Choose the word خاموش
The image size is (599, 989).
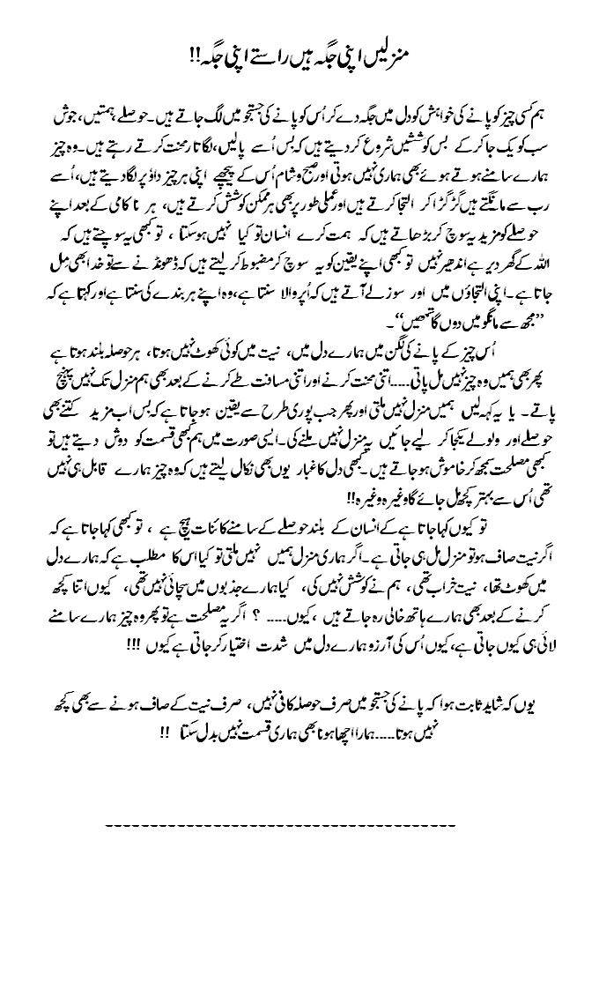click(x=436, y=458)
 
